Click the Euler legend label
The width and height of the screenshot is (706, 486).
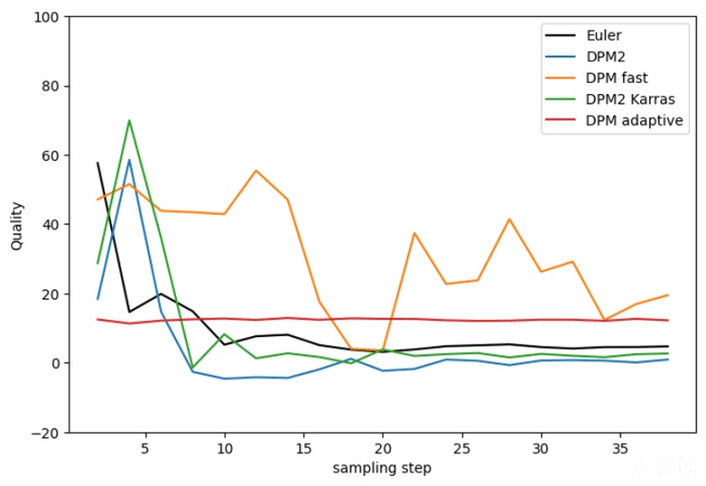[603, 35]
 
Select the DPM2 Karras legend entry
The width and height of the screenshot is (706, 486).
[630, 99]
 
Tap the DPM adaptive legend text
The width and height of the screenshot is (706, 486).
[634, 121]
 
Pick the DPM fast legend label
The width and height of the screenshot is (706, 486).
[617, 78]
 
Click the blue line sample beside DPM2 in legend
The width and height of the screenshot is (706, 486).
[560, 57]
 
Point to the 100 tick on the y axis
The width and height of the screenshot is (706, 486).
[46, 17]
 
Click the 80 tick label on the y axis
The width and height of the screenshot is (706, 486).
[50, 86]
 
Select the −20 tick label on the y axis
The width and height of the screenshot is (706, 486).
[45, 432]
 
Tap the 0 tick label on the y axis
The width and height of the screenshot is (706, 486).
[55, 363]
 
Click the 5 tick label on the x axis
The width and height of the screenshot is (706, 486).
[145, 448]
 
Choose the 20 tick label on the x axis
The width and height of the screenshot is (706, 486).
[383, 448]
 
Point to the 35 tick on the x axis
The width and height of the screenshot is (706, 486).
[620, 448]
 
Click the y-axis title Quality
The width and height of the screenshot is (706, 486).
[17, 226]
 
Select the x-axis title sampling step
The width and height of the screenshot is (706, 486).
[382, 468]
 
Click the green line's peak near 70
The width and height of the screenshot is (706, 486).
[129, 121]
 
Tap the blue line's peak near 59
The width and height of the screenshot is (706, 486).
[129, 159]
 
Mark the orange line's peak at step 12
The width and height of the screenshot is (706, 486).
[256, 170]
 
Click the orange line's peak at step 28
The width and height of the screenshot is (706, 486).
[509, 219]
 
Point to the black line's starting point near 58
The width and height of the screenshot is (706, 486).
[98, 163]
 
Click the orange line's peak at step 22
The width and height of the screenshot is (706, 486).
[414, 233]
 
